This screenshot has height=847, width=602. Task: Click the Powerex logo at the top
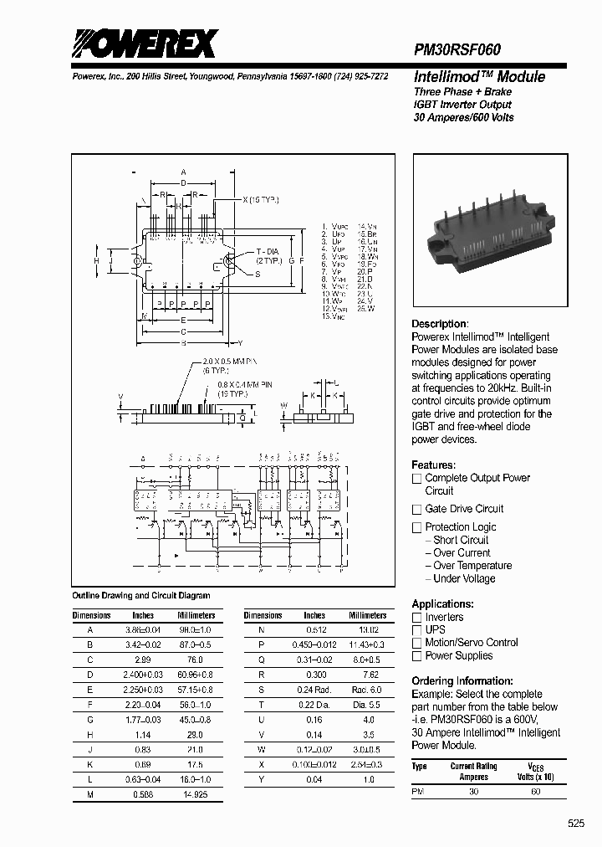[144, 44]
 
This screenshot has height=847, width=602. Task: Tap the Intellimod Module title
[479, 77]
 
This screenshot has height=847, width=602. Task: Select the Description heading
[440, 324]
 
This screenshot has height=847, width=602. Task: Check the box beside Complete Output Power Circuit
[416, 479]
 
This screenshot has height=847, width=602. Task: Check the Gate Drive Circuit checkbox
[416, 509]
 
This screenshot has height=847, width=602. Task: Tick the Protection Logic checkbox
[416, 527]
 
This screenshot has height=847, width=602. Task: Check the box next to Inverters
[416, 617]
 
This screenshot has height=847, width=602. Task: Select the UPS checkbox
[416, 629]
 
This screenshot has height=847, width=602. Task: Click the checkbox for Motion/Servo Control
[416, 643]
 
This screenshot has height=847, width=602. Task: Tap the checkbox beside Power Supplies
[416, 656]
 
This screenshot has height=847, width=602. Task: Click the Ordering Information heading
[462, 681]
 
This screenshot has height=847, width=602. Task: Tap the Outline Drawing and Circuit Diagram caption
[141, 596]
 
